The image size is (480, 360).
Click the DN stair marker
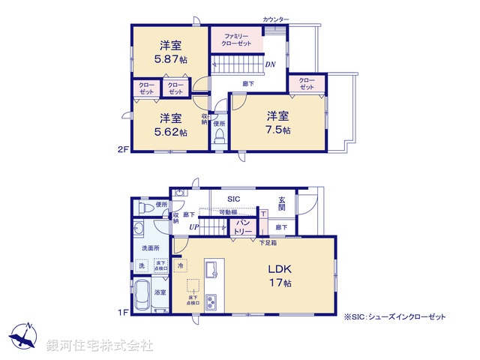270,64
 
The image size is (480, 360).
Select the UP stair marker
193,226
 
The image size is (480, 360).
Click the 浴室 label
160,292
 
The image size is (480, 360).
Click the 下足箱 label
268,241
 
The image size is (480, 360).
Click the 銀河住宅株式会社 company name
99,346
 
